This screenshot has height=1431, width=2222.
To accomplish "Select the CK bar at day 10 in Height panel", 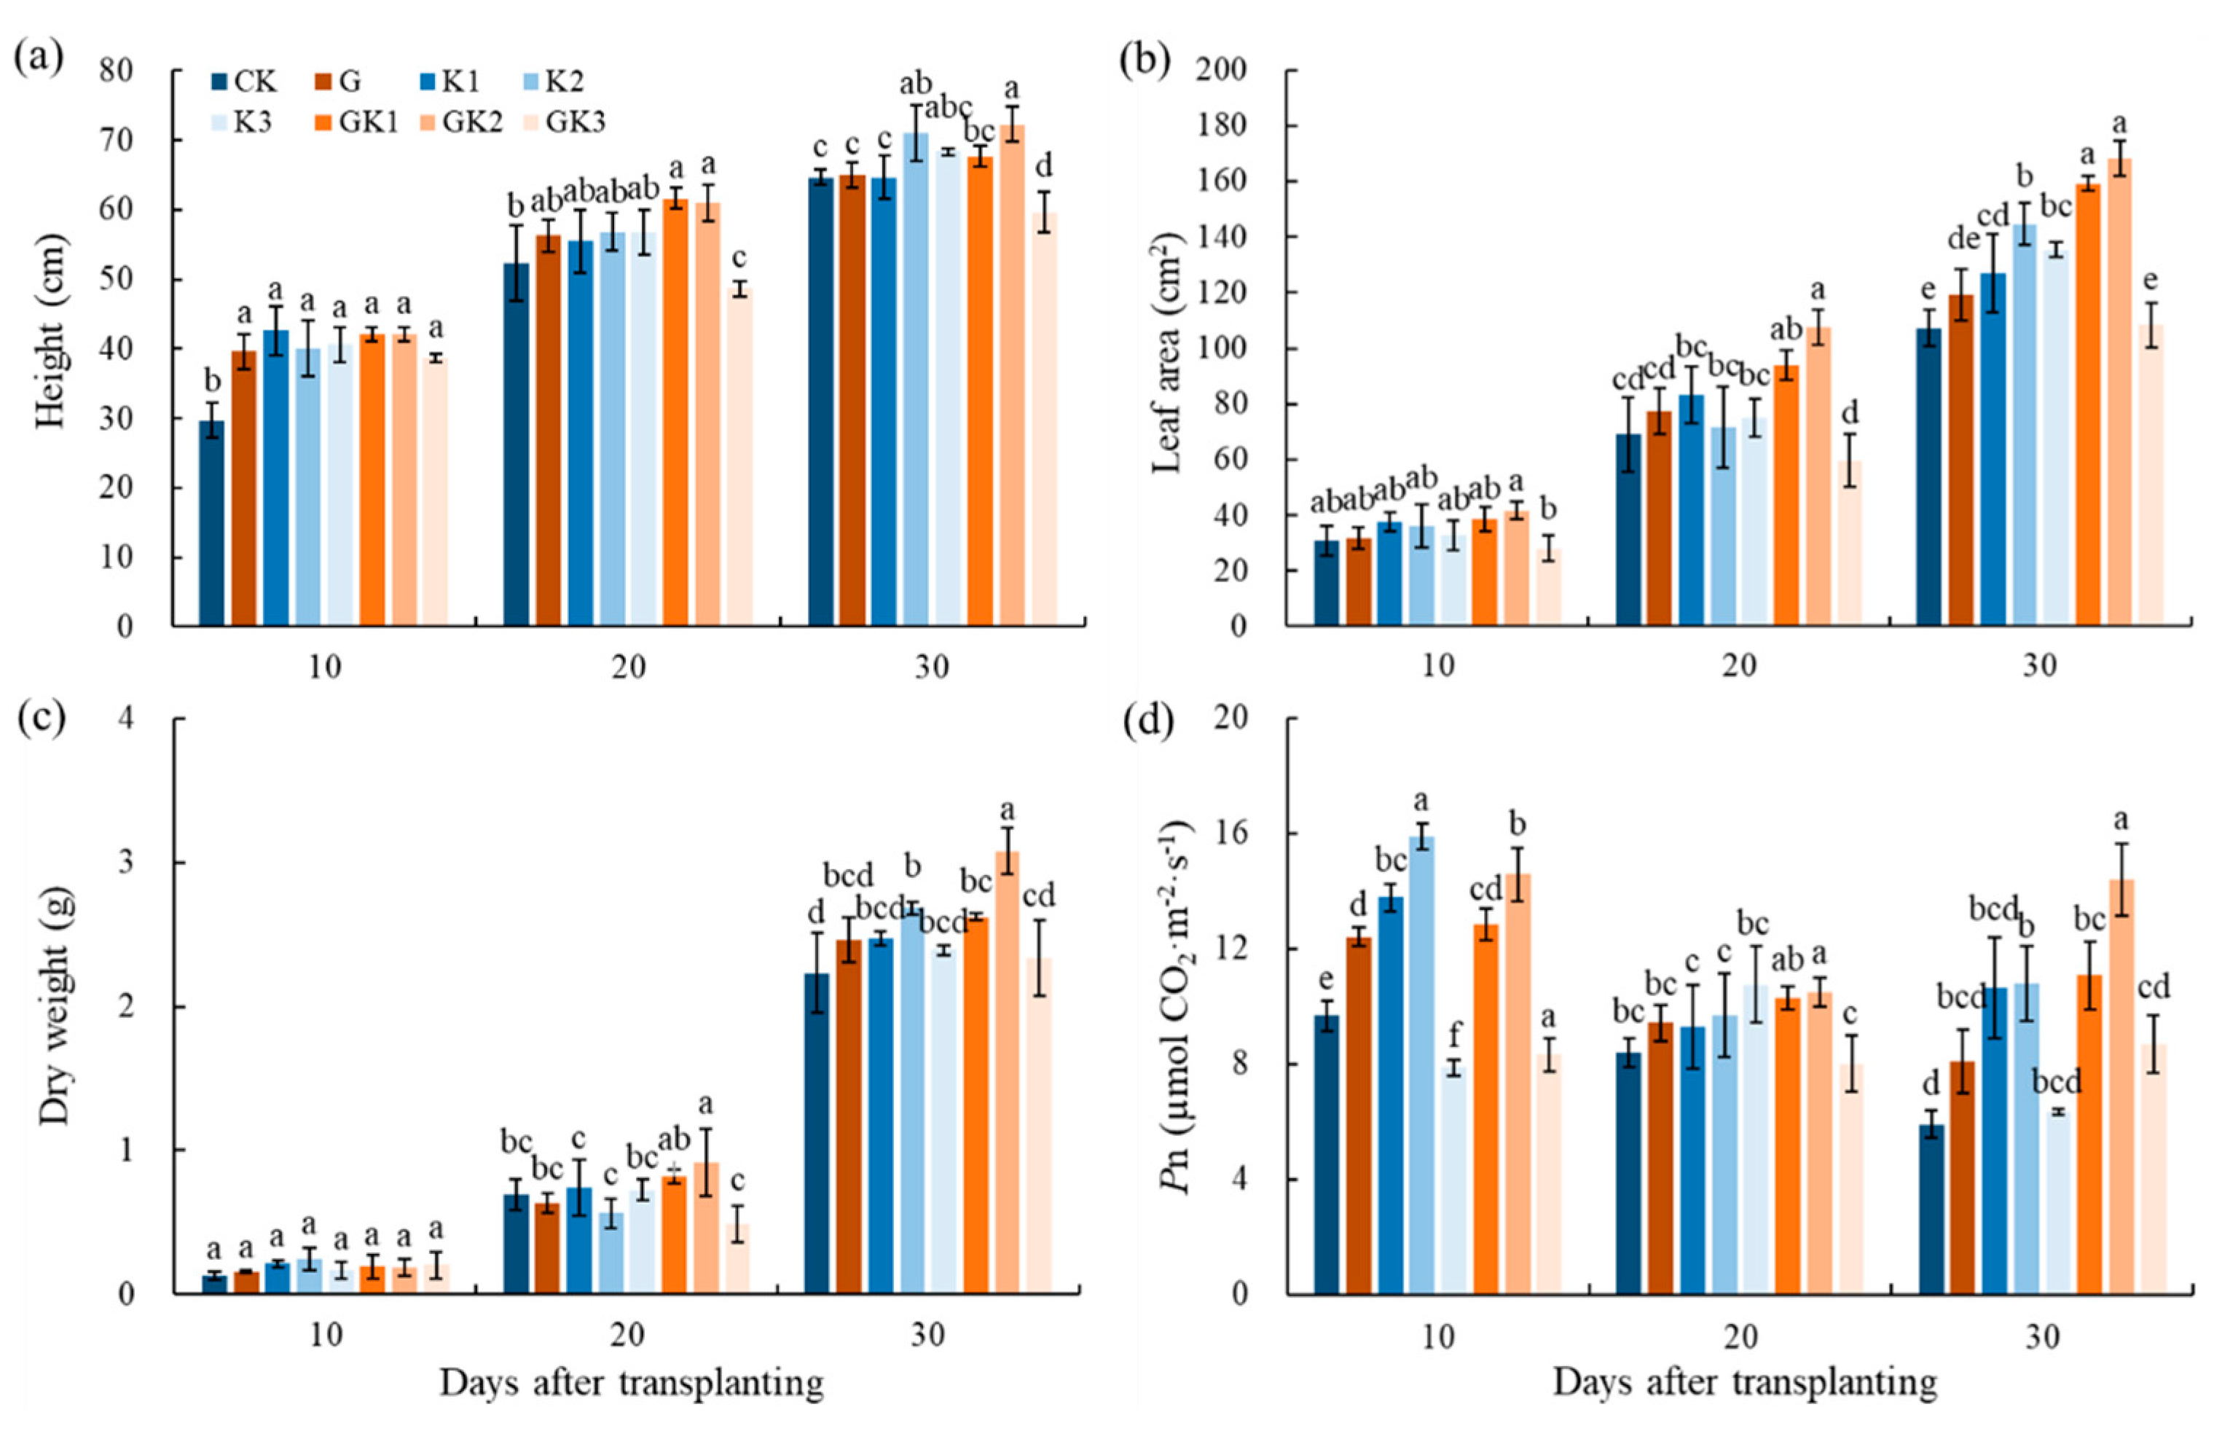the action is click(x=212, y=523).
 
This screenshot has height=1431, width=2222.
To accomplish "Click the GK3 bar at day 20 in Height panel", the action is click(x=739, y=456).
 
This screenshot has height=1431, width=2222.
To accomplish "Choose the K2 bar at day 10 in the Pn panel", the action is click(x=1421, y=1065).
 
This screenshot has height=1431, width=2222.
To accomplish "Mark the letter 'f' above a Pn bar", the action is click(x=1454, y=1034).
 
